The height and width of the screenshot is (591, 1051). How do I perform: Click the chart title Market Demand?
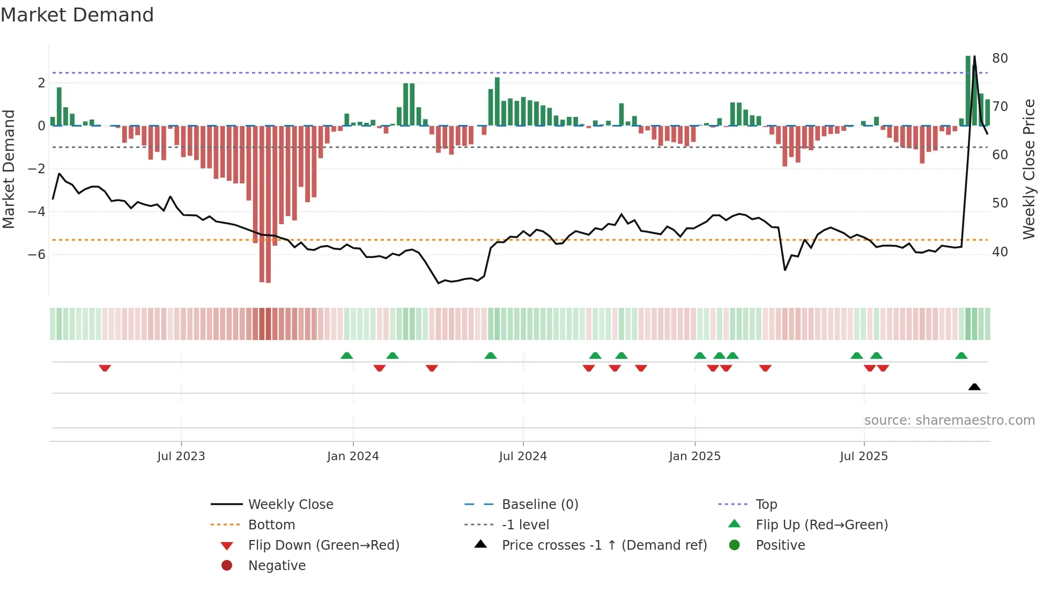click(x=77, y=15)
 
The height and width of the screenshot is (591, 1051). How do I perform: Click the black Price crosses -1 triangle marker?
click(x=974, y=387)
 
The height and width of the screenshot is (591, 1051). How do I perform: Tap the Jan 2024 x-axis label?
click(x=353, y=456)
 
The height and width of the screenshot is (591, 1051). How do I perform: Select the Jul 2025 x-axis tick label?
click(x=864, y=456)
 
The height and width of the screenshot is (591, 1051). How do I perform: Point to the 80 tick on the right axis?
click(x=1000, y=58)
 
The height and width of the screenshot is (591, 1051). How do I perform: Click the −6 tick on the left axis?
click(x=36, y=254)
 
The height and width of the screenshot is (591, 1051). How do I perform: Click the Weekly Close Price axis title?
click(x=1028, y=169)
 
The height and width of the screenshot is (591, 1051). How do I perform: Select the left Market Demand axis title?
click(x=9, y=169)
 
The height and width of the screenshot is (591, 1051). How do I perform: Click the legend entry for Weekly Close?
click(x=290, y=504)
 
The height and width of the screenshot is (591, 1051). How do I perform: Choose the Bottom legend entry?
click(x=271, y=524)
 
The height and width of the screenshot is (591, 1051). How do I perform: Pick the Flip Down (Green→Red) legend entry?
click(x=323, y=545)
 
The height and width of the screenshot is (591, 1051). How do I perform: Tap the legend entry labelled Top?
click(x=766, y=504)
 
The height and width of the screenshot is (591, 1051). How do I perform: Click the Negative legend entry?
click(x=277, y=565)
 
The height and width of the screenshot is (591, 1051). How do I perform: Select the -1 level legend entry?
click(x=525, y=524)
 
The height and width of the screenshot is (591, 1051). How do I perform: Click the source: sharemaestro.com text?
click(x=949, y=420)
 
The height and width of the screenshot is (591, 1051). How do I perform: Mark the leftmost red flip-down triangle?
click(x=105, y=368)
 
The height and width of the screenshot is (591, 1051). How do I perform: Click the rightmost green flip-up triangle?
click(x=961, y=356)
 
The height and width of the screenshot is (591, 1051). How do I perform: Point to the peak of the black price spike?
click(x=974, y=56)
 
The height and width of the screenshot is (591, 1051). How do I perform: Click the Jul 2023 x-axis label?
click(x=181, y=456)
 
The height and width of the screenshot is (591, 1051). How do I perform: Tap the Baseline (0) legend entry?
click(x=539, y=504)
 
